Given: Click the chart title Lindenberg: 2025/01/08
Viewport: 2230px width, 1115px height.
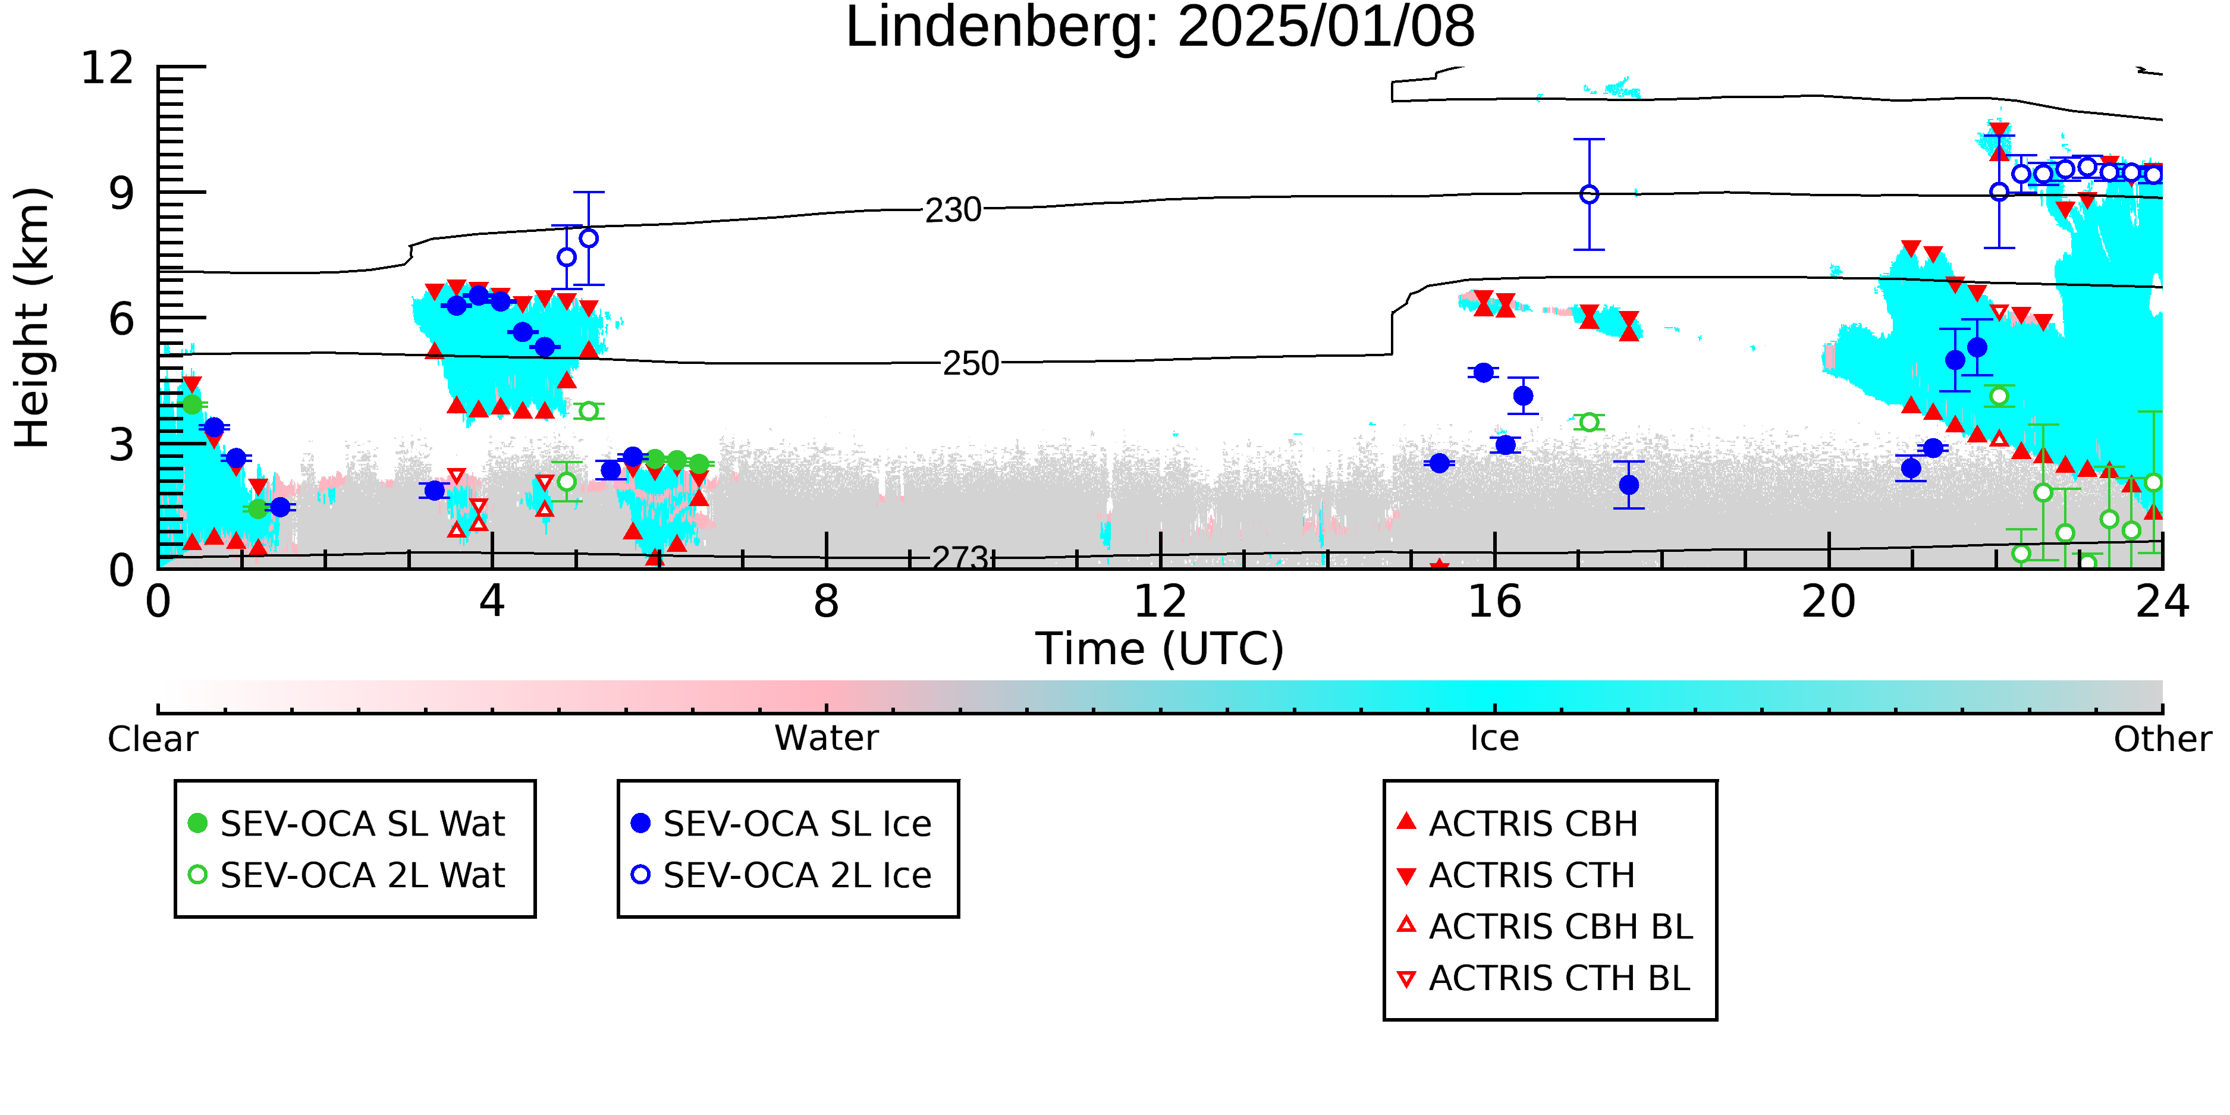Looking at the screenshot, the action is click(x=1160, y=28).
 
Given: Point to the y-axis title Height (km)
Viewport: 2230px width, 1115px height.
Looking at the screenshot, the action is click(x=33, y=318).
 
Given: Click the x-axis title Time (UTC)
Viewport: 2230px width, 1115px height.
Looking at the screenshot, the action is click(x=1160, y=649).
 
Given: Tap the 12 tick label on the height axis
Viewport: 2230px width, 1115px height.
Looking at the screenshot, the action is click(x=108, y=68).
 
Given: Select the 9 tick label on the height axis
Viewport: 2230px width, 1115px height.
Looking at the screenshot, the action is click(x=121, y=193).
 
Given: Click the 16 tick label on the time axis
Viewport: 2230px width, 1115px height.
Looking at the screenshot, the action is click(x=1495, y=602).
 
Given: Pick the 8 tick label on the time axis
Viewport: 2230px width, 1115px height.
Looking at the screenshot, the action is click(x=827, y=602).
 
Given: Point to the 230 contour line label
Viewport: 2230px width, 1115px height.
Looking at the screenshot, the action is click(x=953, y=209).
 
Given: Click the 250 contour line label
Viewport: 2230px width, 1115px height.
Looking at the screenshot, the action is click(x=970, y=363).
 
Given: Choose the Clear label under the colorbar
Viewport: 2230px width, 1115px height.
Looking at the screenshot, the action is click(x=152, y=739).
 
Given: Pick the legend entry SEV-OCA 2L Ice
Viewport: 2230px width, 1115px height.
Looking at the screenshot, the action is click(x=782, y=875).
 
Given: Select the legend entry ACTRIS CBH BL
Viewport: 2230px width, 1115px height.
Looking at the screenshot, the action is click(x=1546, y=927).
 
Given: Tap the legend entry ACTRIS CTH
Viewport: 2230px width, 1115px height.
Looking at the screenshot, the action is click(x=1516, y=875).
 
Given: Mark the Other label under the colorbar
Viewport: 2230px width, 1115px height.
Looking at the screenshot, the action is click(x=2162, y=739).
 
